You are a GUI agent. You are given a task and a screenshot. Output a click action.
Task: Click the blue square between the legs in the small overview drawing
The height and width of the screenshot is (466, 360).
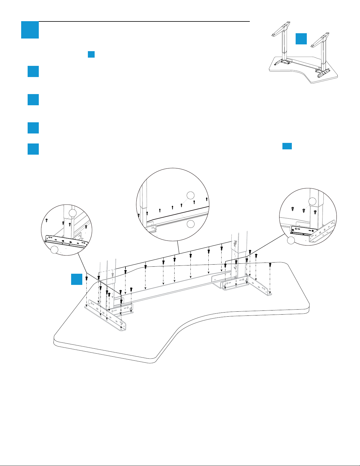[x=301, y=39]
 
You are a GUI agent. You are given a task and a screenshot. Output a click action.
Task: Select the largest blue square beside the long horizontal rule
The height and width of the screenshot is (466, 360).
[x=30, y=30]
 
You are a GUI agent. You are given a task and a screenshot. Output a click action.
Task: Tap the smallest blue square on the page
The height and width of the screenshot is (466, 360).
[x=91, y=54]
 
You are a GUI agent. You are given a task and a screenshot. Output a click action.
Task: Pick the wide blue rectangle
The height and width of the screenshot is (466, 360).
[x=287, y=146]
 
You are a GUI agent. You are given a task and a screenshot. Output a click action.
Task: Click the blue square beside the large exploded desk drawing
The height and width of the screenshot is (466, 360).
[x=77, y=279]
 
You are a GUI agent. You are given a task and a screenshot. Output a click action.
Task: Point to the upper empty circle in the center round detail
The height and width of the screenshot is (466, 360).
[x=191, y=195]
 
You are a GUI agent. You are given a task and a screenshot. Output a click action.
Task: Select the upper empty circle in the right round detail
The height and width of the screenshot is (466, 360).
[x=312, y=201]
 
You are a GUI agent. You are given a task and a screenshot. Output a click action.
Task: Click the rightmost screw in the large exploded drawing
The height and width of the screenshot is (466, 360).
[x=270, y=265]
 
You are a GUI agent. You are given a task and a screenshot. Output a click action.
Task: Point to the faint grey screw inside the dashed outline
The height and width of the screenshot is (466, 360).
[x=112, y=274]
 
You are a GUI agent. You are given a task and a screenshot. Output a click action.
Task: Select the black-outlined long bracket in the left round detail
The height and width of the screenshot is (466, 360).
[x=66, y=240]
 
